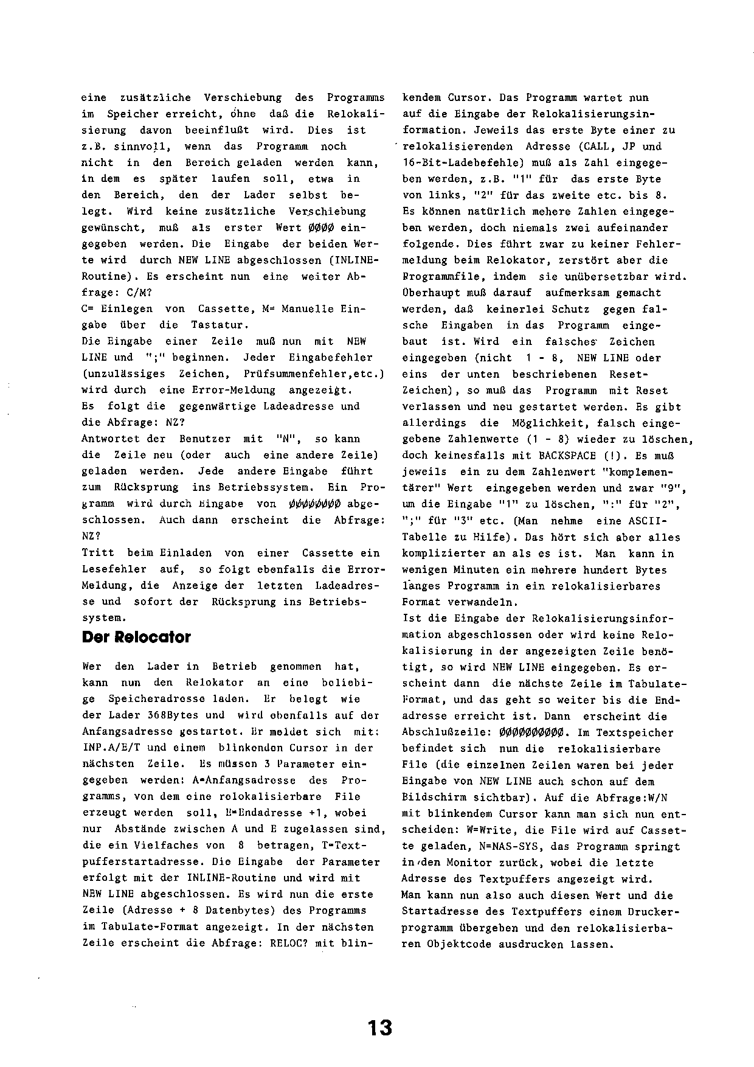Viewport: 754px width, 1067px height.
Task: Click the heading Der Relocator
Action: (136, 638)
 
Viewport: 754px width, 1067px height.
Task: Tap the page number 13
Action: (380, 1028)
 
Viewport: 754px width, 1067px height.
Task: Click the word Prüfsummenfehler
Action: (295, 374)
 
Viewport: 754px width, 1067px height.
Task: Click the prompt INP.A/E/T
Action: (107, 748)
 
